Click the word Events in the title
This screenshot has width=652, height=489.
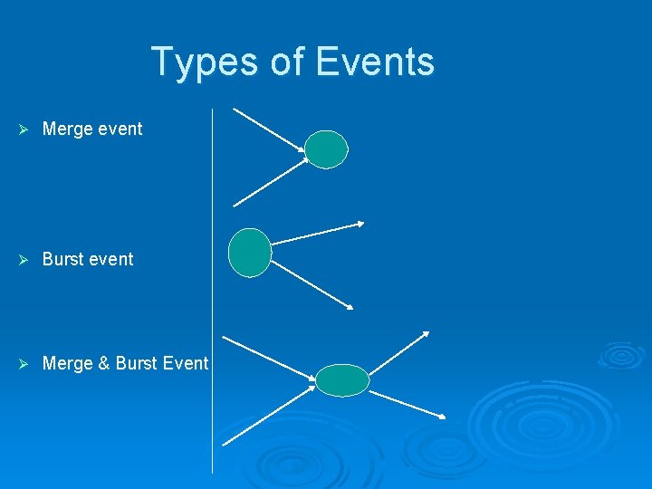375,62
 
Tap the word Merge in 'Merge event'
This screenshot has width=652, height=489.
68,129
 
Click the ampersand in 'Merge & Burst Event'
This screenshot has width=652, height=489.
104,363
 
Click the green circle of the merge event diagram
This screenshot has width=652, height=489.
325,149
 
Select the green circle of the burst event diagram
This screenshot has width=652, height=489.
249,253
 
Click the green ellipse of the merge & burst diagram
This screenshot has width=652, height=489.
342,380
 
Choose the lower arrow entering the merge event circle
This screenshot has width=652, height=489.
270,183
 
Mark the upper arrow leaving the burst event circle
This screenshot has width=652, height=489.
317,233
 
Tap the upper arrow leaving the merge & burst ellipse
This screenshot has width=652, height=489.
398,355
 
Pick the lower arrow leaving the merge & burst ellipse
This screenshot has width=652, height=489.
407,405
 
